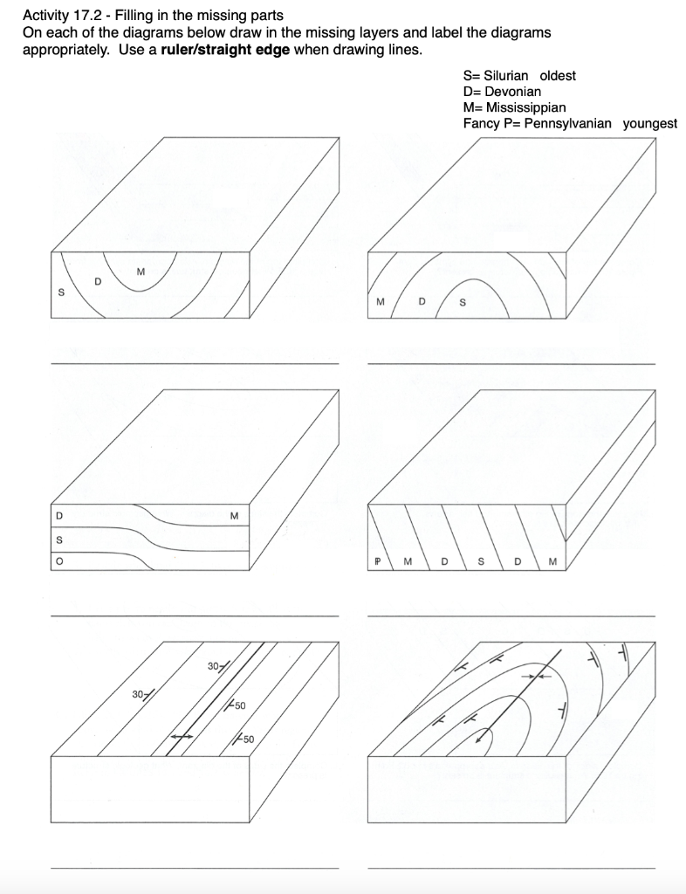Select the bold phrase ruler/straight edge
225,49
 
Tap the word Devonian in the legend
513,91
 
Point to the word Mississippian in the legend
525,107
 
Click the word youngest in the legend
649,123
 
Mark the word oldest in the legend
559,75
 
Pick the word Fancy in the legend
482,123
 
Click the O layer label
59,562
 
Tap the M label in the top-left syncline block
141,271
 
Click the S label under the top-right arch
463,303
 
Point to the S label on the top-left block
61,293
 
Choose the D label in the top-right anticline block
422,302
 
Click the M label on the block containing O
234,515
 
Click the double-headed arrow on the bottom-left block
182,737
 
